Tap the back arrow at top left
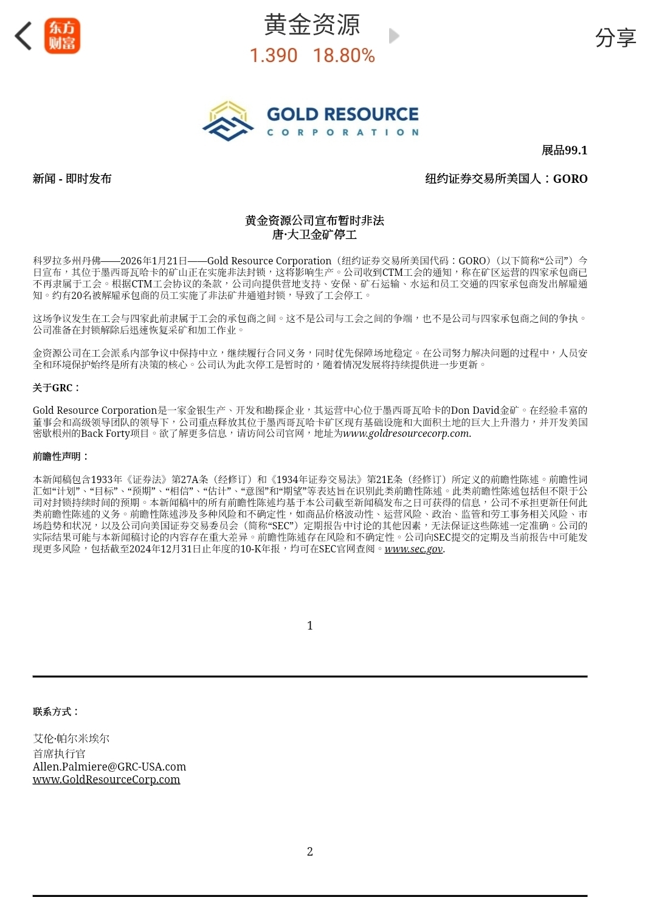(23, 36)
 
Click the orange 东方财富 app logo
(62, 36)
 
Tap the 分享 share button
(615, 38)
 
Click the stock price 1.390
(274, 56)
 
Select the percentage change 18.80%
(344, 56)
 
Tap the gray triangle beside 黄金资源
(394, 36)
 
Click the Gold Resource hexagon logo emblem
(228, 121)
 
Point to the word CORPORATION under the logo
(343, 132)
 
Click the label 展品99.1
(564, 151)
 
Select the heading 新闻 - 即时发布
(72, 179)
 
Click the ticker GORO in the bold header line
(570, 179)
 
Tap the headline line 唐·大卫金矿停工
(314, 235)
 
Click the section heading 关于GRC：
(56, 388)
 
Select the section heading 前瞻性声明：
(61, 456)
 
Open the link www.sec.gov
(413, 549)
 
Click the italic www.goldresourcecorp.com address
(407, 434)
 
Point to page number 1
(310, 626)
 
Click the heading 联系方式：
(56, 712)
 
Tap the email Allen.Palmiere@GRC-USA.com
(109, 767)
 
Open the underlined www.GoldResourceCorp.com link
(106, 780)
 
